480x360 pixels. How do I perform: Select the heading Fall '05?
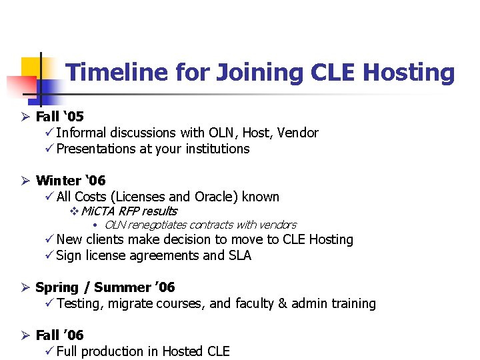pos(59,117)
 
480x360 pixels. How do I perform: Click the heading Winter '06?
pos(70,181)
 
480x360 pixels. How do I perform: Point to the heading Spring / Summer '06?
pos(105,287)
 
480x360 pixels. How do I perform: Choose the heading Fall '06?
pos(59,335)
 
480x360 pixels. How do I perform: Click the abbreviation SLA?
pos(239,255)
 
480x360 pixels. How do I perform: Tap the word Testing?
pos(79,303)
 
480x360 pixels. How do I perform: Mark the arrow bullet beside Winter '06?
pos(25,181)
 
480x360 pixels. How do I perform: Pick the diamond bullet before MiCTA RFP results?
pos(74,211)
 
